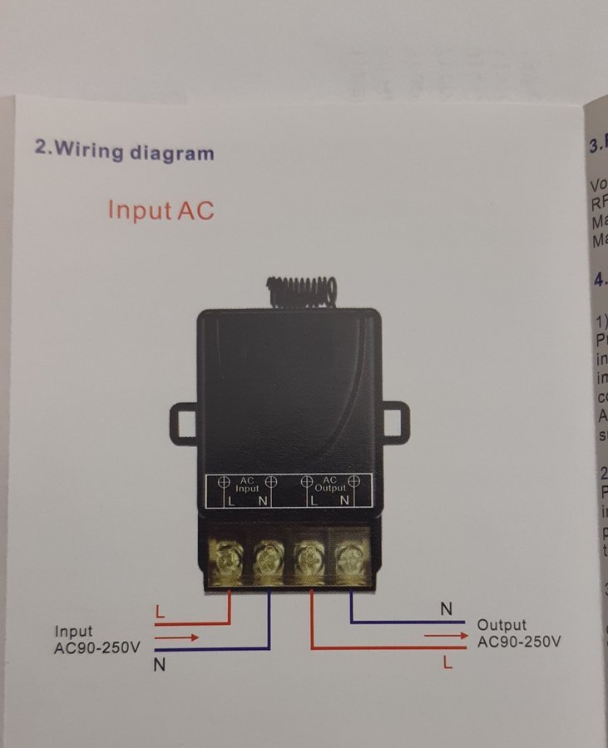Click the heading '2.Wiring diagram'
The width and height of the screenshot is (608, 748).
click(124, 151)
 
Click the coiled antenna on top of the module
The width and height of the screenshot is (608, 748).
click(302, 288)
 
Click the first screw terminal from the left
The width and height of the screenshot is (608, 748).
click(228, 558)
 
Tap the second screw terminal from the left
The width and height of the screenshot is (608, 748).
click(269, 558)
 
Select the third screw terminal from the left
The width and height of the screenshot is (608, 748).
click(309, 558)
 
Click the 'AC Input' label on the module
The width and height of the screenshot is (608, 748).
click(247, 485)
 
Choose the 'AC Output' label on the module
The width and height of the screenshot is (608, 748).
click(329, 485)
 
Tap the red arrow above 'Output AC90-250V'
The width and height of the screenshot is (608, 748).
click(445, 635)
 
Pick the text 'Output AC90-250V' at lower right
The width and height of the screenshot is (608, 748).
click(519, 633)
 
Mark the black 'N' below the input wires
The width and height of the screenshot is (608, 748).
click(159, 666)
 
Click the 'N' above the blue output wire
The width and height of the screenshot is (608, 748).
click(447, 610)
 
